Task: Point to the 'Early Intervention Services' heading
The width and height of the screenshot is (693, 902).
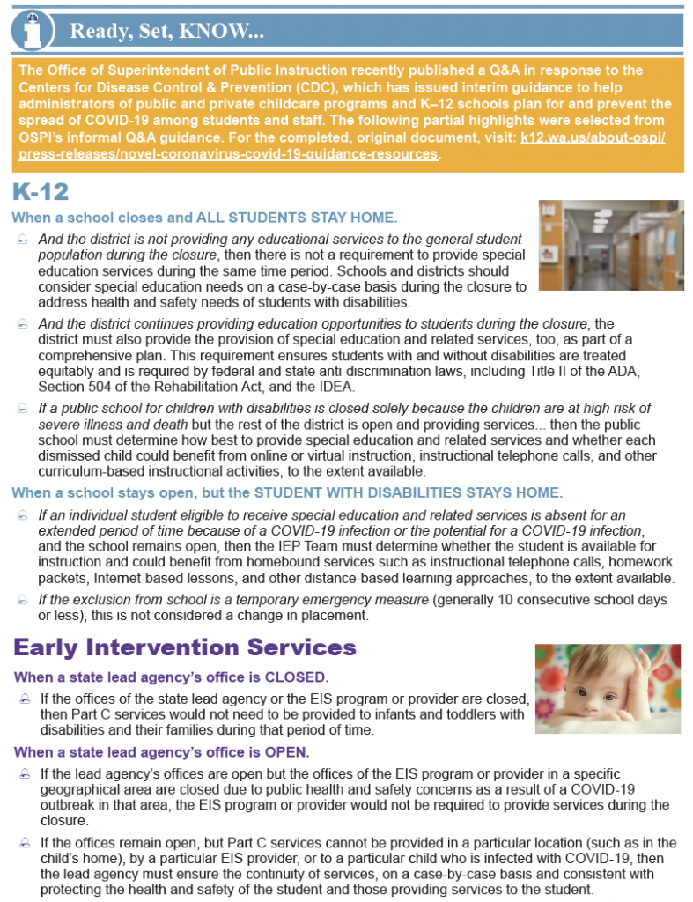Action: coord(184,648)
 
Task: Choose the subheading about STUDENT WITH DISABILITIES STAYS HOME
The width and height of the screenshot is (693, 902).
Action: coord(286,492)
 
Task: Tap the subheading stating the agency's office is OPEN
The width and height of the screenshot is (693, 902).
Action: coord(162,752)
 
